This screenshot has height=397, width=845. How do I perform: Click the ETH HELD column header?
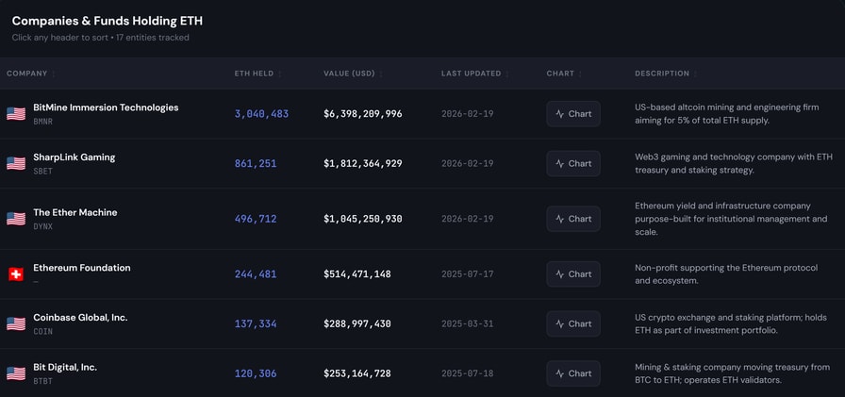(x=254, y=74)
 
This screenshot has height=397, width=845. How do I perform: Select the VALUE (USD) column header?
(x=349, y=74)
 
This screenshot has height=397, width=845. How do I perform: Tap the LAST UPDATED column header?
(x=471, y=74)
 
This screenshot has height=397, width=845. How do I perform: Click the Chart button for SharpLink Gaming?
(x=573, y=163)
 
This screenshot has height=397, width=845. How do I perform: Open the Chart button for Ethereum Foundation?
(x=573, y=274)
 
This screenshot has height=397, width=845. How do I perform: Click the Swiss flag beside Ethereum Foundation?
(x=16, y=274)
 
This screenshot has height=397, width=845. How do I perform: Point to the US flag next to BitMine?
(x=16, y=114)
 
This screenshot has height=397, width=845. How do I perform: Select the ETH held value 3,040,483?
(x=261, y=114)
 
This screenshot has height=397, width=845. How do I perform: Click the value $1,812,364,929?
(x=362, y=163)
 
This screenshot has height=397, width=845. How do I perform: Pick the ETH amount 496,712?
(x=256, y=219)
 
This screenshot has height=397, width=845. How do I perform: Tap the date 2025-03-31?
(x=467, y=323)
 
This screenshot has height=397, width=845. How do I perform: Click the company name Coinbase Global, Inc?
(x=80, y=318)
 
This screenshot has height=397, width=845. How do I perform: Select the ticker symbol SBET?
(x=43, y=172)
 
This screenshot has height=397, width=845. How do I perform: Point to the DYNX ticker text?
(x=43, y=227)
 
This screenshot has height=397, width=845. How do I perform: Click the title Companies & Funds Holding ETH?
(x=107, y=21)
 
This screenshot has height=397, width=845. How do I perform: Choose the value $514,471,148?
(x=356, y=274)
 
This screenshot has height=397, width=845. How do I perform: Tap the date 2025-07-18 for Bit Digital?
(x=467, y=373)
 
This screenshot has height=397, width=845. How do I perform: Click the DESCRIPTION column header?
(x=661, y=74)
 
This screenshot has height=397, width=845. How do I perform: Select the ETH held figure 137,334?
(x=256, y=323)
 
